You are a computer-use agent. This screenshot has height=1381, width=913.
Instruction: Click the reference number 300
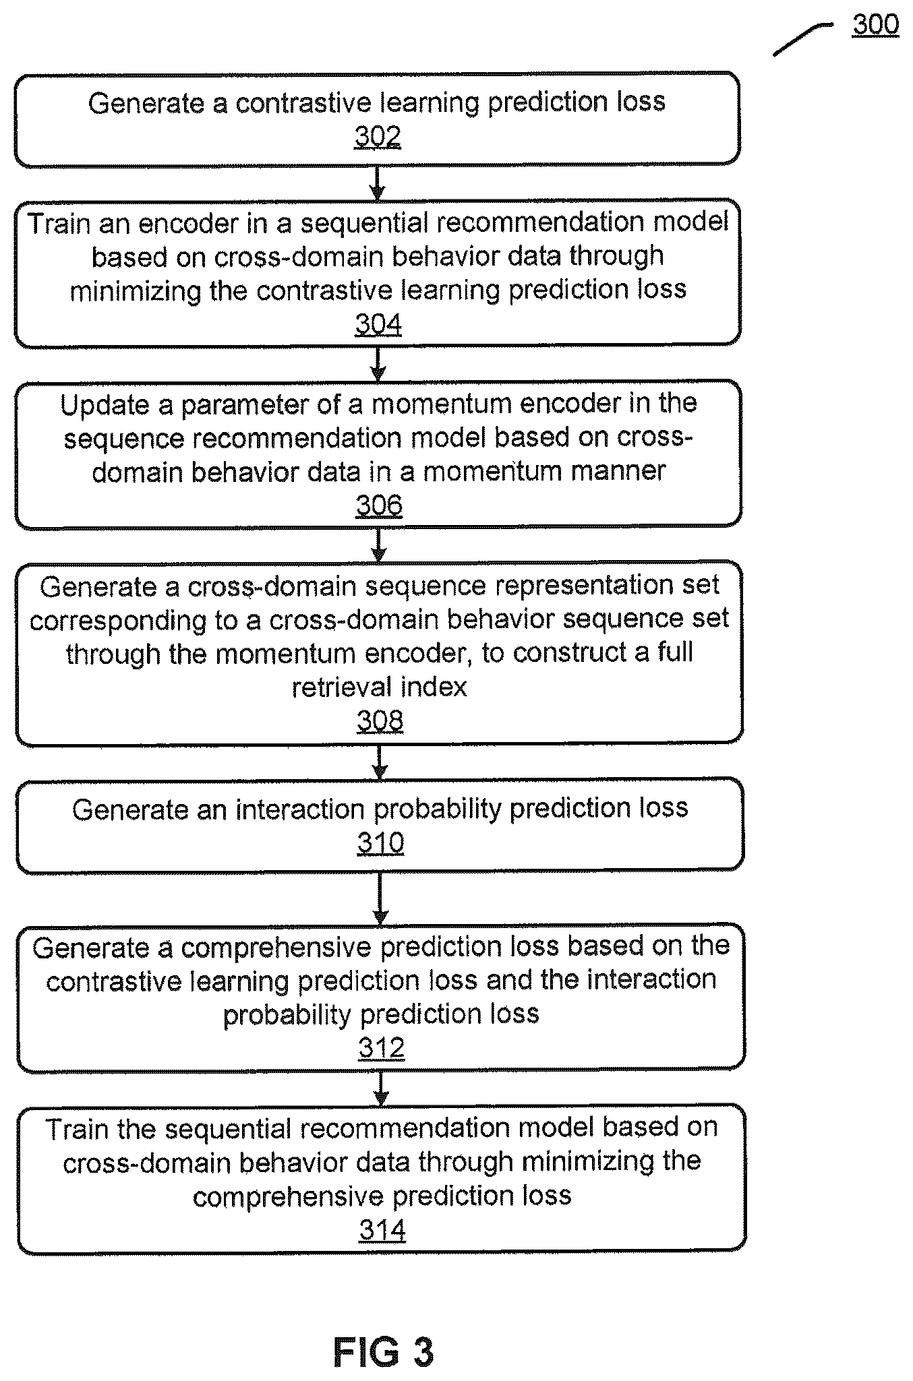[x=875, y=24]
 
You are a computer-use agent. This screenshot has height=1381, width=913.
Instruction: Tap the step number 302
[x=378, y=137]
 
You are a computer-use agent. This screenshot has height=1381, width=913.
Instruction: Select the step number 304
[x=378, y=325]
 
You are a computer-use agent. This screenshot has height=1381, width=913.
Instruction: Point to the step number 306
[x=379, y=505]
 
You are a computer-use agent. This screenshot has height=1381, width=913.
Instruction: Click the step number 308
[x=380, y=721]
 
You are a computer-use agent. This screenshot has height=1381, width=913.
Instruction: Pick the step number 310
[x=380, y=843]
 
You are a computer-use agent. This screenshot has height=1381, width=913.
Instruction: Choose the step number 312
[x=381, y=1049]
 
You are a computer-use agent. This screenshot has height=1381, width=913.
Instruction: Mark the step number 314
[x=382, y=1231]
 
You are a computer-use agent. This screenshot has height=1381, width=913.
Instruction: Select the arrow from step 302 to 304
[x=378, y=182]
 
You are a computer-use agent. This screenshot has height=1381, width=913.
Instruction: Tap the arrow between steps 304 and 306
[x=378, y=363]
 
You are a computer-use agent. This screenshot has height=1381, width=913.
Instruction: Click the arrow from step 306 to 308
[x=379, y=544]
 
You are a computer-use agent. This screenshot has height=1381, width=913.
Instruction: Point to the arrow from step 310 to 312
[x=380, y=898]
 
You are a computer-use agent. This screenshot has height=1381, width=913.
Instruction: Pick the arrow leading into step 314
[x=382, y=1088]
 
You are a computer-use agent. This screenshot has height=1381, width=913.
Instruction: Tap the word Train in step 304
[x=59, y=224]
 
